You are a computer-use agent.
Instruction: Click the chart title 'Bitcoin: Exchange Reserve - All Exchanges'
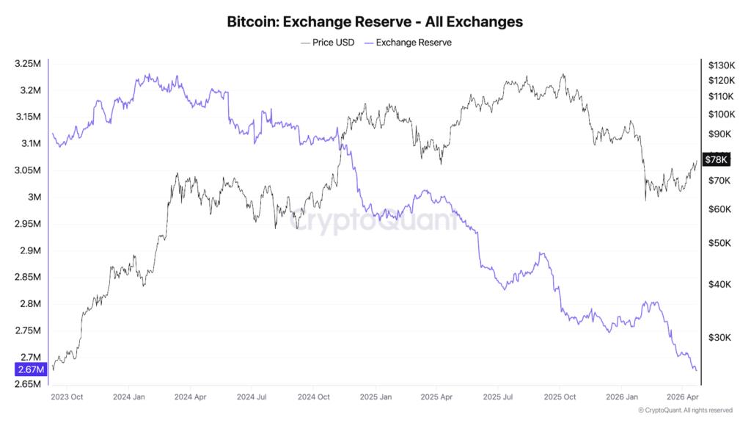(375, 21)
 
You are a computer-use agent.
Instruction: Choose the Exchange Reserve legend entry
(413, 43)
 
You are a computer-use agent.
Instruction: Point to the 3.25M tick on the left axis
(27, 64)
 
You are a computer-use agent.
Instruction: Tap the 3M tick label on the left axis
(33, 197)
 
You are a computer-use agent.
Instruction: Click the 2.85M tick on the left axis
(27, 277)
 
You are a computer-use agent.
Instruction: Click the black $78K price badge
(715, 159)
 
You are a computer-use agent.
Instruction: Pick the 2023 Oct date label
(67, 397)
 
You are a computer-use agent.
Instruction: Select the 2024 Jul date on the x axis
(251, 397)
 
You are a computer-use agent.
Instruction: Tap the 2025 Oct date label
(559, 397)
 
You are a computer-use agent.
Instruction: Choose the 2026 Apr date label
(681, 397)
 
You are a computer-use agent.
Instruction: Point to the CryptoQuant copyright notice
(685, 411)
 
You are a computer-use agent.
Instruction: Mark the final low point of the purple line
(695, 370)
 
